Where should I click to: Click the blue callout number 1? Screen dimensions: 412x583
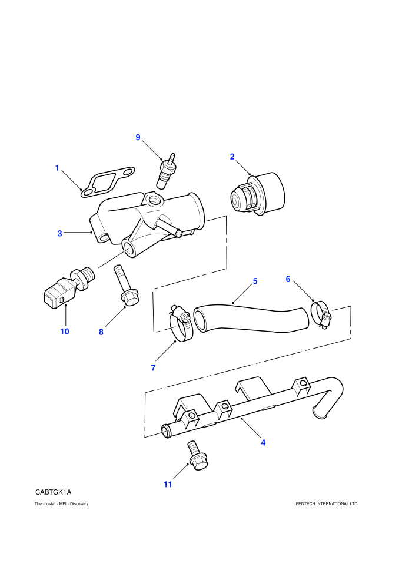(57, 168)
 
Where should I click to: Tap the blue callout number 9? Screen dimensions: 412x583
(138, 138)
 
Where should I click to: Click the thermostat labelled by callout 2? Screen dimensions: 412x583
(257, 194)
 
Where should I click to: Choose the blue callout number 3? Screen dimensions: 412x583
(60, 234)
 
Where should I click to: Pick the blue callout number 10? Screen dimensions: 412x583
(65, 332)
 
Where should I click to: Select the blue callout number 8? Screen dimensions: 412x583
(101, 332)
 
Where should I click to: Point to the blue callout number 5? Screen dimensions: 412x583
(255, 281)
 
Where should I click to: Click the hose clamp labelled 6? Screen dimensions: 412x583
(321, 314)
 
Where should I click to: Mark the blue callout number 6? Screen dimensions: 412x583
(288, 279)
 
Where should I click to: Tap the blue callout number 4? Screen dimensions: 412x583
(263, 442)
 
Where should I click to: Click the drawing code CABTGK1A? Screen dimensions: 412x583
(53, 492)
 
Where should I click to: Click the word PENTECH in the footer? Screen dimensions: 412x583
(305, 504)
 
